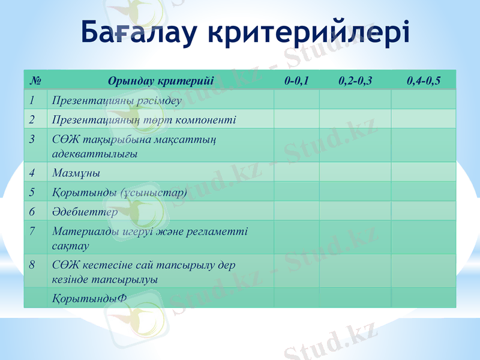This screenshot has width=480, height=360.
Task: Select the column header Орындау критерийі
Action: pos(160,80)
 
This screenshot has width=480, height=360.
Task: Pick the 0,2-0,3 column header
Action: pos(355,80)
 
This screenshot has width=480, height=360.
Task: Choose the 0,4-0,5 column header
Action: pos(424,80)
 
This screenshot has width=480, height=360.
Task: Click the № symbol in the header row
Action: pos(35,80)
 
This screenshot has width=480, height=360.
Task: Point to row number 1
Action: pos(32,100)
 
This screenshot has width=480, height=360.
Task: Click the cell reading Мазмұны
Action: pos(76,173)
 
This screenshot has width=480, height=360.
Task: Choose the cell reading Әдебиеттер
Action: pos(85,212)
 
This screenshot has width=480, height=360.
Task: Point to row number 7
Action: pos(32,230)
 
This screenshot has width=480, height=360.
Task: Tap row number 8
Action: pos(32,264)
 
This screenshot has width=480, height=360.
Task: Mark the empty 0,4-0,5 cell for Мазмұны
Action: pos(424,173)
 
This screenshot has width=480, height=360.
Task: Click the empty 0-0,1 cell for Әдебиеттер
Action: pos(297,212)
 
